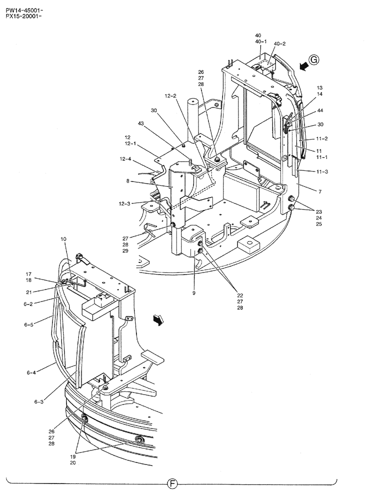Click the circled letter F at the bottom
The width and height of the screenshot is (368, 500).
tap(171, 484)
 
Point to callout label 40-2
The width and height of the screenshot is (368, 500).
tap(279, 44)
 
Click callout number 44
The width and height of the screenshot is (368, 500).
tap(319, 110)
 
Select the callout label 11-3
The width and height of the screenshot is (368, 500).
tap(323, 172)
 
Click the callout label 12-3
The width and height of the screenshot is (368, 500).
tap(125, 203)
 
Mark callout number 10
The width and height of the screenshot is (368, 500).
tap(63, 240)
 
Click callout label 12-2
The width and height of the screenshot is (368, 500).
tap(171, 96)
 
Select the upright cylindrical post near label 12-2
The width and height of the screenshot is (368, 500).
tap(193, 120)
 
